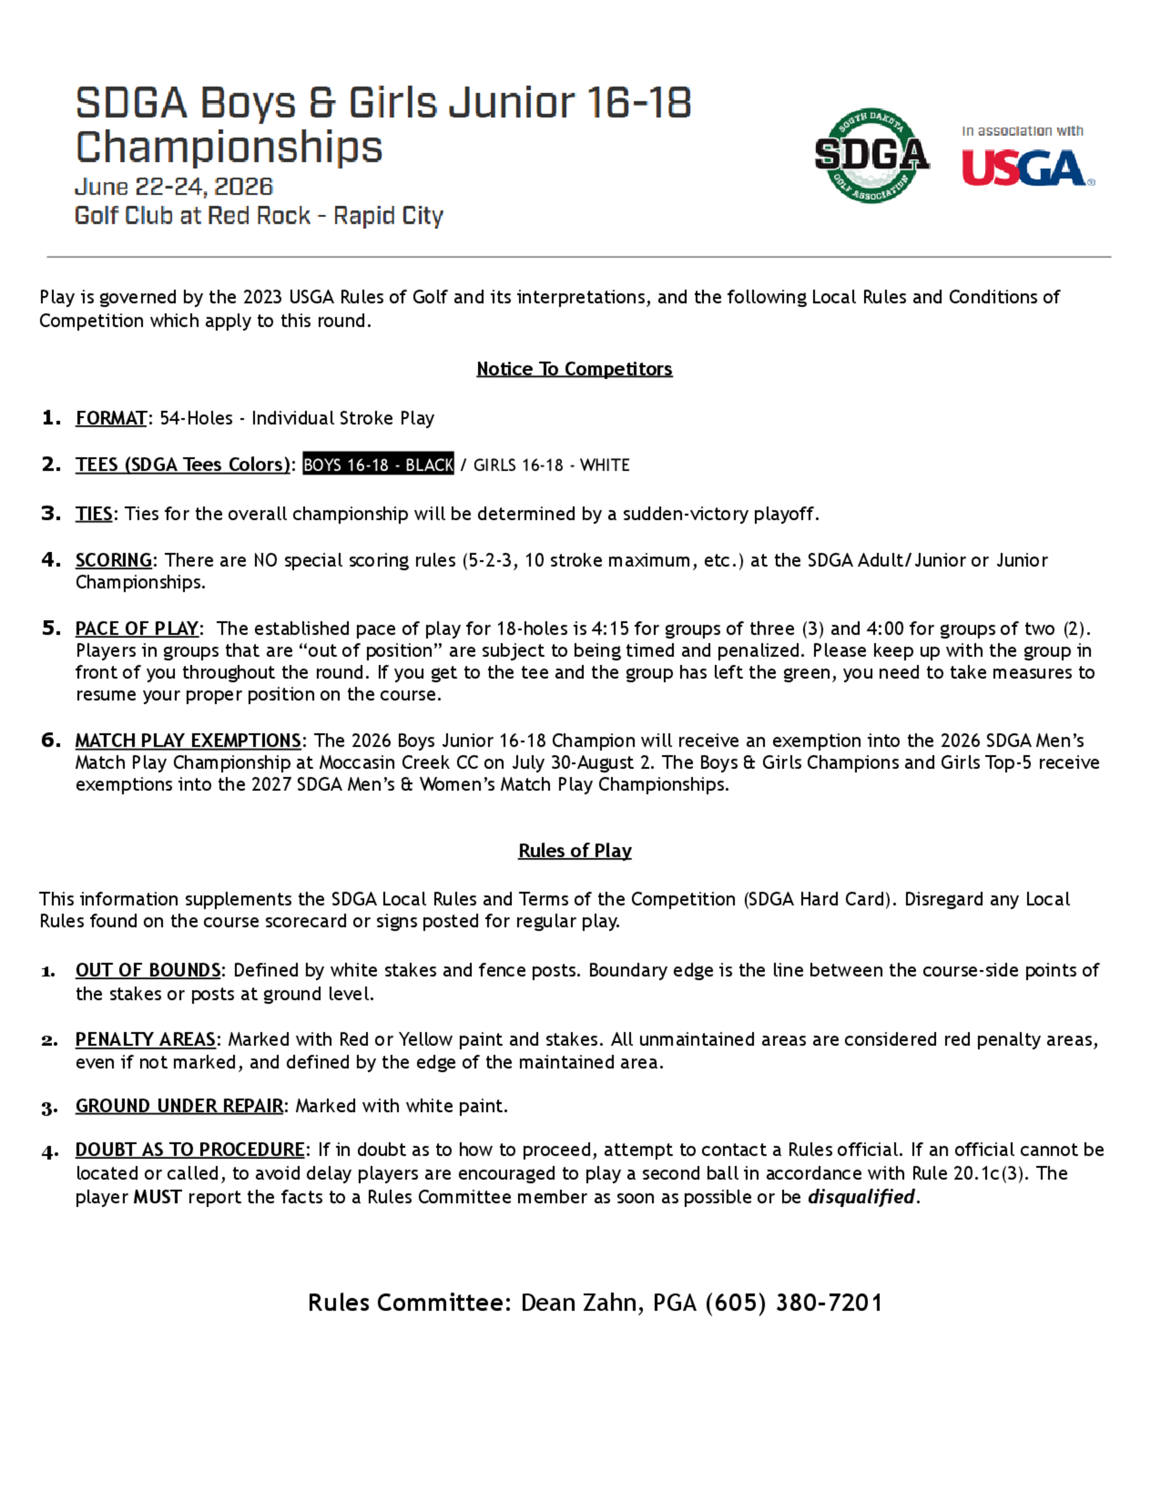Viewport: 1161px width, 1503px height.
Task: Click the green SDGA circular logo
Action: click(871, 155)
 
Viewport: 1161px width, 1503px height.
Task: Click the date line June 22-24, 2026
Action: click(174, 186)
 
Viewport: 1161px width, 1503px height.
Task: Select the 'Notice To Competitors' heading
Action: click(574, 369)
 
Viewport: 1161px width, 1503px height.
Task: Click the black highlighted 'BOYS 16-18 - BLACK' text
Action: click(378, 465)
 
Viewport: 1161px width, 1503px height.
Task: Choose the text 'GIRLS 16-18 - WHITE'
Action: click(551, 465)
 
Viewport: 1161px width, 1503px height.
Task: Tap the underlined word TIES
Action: click(93, 514)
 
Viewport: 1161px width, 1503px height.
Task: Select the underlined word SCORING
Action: click(113, 560)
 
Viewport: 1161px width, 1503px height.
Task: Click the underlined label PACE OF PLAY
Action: click(137, 628)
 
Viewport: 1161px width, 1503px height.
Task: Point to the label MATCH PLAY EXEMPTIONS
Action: click(188, 740)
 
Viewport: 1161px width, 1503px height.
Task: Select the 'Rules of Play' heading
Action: click(574, 851)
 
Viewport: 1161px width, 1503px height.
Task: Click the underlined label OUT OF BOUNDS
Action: click(148, 970)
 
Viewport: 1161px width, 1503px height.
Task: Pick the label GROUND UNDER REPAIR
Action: click(179, 1106)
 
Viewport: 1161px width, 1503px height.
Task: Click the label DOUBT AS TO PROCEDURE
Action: click(190, 1150)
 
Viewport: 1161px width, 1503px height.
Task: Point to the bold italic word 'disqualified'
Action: click(861, 1198)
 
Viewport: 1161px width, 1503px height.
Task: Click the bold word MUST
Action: click(157, 1198)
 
